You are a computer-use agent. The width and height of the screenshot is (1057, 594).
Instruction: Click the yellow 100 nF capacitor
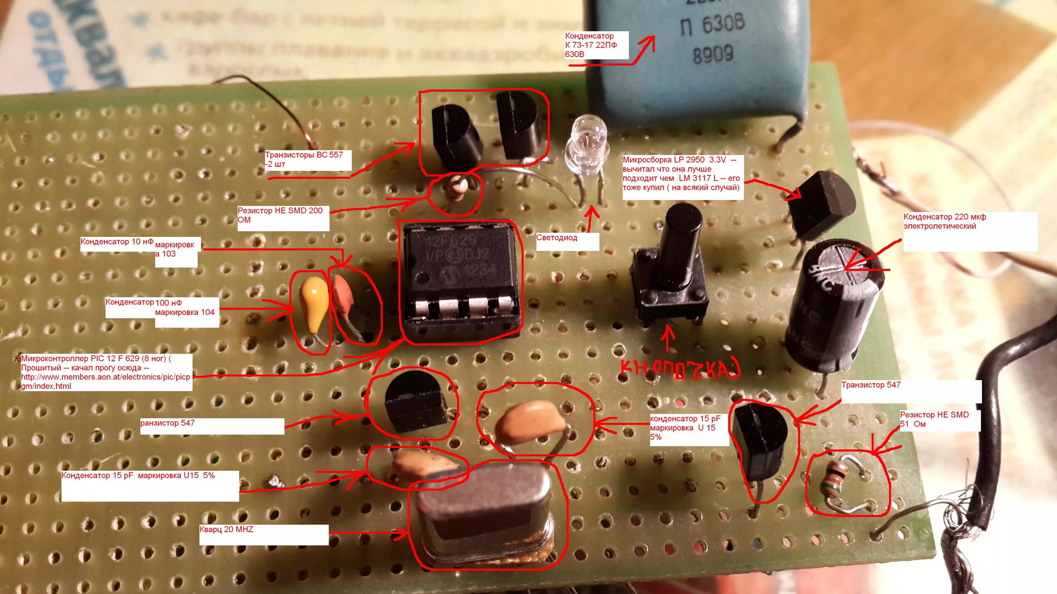(x=314, y=299)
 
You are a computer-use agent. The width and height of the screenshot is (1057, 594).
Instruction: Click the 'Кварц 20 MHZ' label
(x=227, y=530)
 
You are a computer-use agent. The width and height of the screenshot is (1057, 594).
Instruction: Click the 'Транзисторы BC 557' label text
(x=304, y=156)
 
